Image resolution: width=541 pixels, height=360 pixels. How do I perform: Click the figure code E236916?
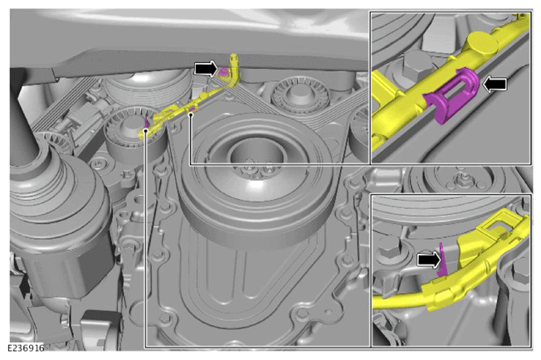[26, 348]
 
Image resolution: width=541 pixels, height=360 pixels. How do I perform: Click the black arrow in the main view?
[206, 68]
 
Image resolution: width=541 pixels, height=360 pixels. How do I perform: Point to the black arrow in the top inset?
[495, 84]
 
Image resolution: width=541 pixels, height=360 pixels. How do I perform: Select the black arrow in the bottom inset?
[429, 260]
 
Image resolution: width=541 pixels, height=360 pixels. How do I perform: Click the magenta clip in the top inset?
[453, 94]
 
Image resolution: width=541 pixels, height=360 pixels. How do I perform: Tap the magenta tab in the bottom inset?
[442, 260]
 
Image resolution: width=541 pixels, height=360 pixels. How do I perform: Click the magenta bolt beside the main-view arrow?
[224, 72]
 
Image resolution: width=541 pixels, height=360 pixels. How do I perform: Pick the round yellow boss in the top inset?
[483, 43]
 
